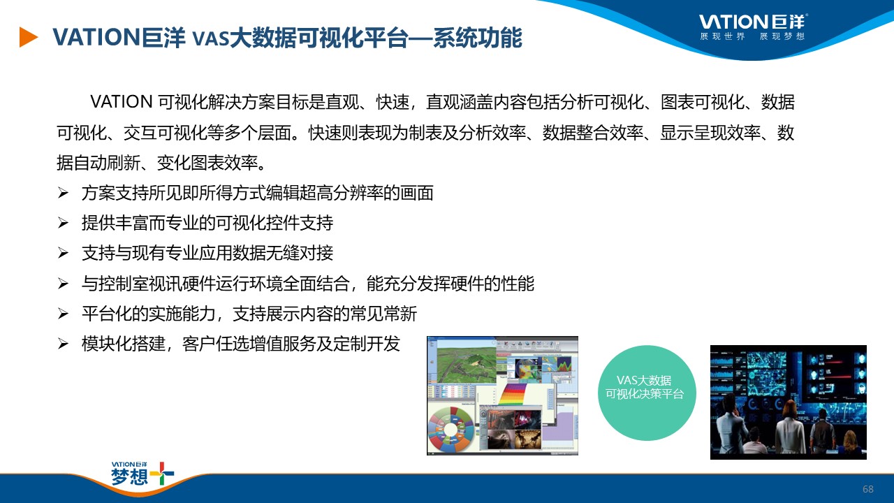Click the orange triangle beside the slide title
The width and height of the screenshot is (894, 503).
pos(28,37)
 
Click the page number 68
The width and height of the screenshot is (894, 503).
pos(868,489)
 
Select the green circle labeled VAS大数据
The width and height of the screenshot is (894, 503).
pos(647,393)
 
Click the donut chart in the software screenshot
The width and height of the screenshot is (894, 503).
pos(450,430)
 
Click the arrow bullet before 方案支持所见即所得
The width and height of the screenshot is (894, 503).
pos(63,193)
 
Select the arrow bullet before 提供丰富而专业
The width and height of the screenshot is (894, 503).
pos(63,223)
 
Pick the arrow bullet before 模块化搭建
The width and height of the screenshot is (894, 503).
pos(63,344)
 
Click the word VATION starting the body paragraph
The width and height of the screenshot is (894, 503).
pos(122,102)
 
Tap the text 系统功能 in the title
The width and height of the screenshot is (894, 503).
pos(478,38)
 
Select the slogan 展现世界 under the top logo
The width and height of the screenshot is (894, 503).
pos(722,37)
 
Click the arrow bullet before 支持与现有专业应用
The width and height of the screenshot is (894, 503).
pos(63,253)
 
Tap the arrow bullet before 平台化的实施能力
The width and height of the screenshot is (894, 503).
pos(63,314)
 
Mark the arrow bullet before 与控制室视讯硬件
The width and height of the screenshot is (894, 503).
pos(63,284)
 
